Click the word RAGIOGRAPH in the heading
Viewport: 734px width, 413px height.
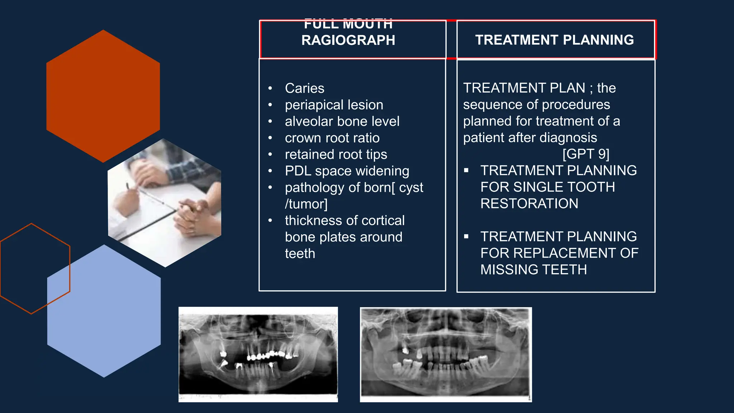pos(348,40)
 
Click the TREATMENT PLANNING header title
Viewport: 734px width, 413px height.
pos(554,40)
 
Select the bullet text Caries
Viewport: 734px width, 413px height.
pos(304,88)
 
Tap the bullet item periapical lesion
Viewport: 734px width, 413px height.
pos(334,105)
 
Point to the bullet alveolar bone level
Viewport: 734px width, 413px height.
pos(342,121)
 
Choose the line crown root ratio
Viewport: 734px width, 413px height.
pos(332,138)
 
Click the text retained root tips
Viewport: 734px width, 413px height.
pos(336,154)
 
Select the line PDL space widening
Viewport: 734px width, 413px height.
pos(347,171)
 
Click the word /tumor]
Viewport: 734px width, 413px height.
pos(306,204)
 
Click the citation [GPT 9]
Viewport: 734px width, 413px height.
pos(586,154)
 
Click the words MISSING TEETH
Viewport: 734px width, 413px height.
pos(533,269)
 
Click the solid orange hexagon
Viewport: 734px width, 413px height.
pos(103,96)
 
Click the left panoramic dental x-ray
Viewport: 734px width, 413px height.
pos(258,354)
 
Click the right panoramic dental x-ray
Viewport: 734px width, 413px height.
pos(445,354)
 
